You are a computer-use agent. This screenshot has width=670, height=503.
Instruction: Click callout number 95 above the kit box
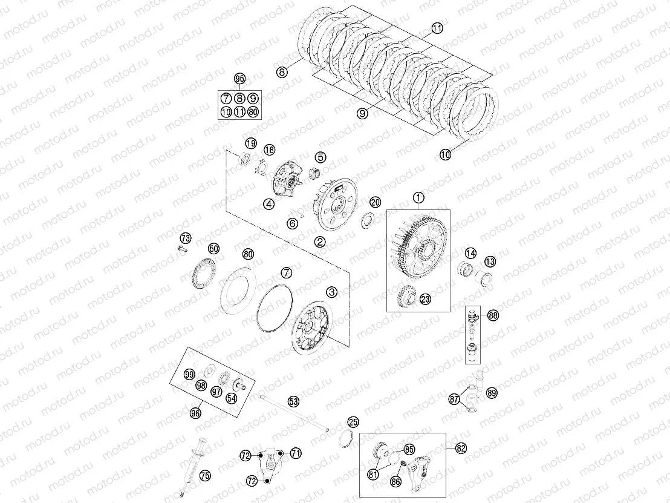(x=240, y=79)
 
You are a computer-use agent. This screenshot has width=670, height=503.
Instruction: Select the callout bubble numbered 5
(x=320, y=157)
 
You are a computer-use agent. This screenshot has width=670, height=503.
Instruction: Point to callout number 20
(x=375, y=202)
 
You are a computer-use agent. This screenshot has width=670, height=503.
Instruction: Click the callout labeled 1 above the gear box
(x=418, y=197)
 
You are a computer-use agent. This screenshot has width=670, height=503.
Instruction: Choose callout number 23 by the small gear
(x=425, y=298)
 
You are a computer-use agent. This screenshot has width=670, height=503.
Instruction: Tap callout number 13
(x=490, y=261)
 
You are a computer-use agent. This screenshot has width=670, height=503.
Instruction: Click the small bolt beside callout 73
(x=182, y=248)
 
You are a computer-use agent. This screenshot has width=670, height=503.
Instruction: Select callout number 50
(x=213, y=248)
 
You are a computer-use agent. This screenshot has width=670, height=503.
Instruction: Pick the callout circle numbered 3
(x=331, y=292)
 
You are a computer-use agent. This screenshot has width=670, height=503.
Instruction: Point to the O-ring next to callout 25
(x=346, y=438)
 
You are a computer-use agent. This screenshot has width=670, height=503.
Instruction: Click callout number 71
(x=296, y=453)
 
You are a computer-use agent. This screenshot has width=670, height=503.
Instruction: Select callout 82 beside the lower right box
(x=461, y=448)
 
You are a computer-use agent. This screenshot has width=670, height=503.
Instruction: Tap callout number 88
(x=493, y=315)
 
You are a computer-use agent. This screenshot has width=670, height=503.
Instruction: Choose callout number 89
(x=492, y=393)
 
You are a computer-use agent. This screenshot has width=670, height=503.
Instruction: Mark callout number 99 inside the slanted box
(x=189, y=373)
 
